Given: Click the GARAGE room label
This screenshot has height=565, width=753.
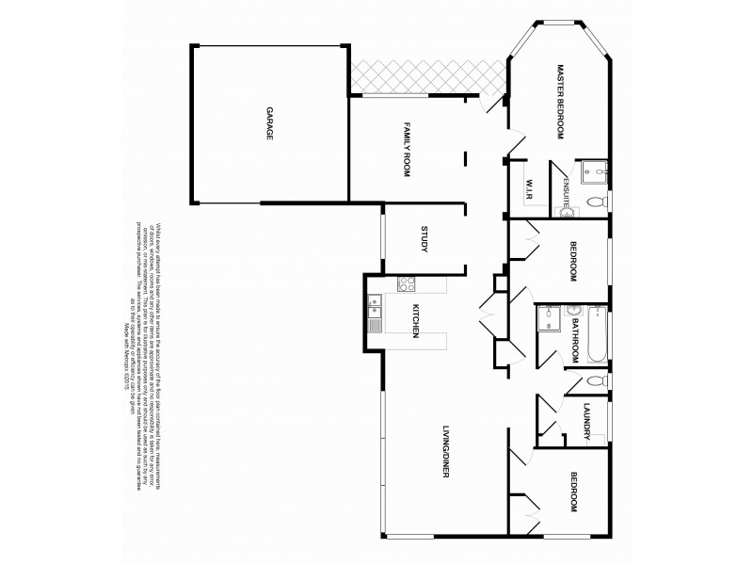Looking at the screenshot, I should (x=269, y=123).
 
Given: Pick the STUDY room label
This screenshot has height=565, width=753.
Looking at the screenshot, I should (x=425, y=239).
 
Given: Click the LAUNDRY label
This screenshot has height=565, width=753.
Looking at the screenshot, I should (x=585, y=421).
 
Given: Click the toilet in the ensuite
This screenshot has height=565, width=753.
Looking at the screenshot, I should (x=595, y=202).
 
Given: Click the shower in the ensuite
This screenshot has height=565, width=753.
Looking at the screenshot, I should (x=593, y=171).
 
